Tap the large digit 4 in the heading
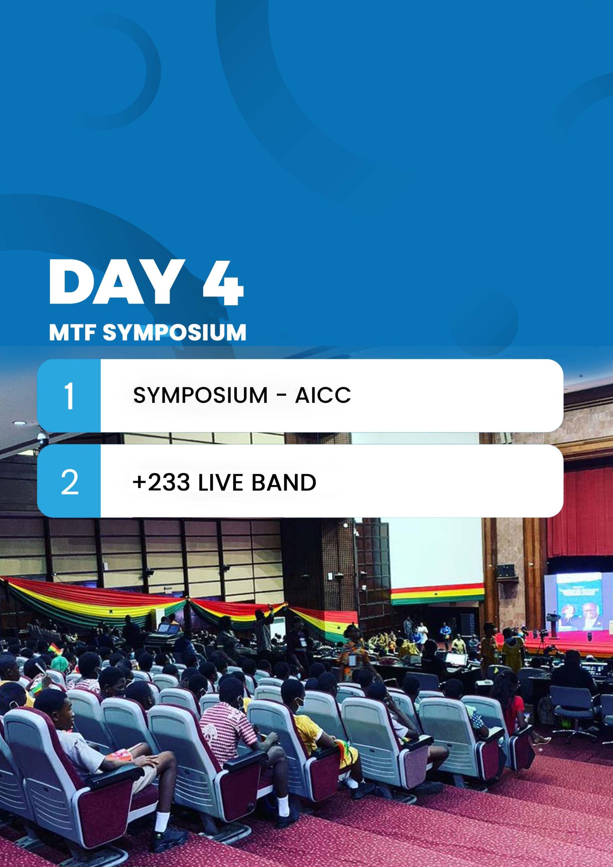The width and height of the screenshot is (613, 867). click(x=223, y=282)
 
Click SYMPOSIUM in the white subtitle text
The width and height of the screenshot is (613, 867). click(x=174, y=332)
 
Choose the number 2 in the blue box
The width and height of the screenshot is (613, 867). click(x=69, y=482)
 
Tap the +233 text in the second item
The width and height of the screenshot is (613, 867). click(x=161, y=482)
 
